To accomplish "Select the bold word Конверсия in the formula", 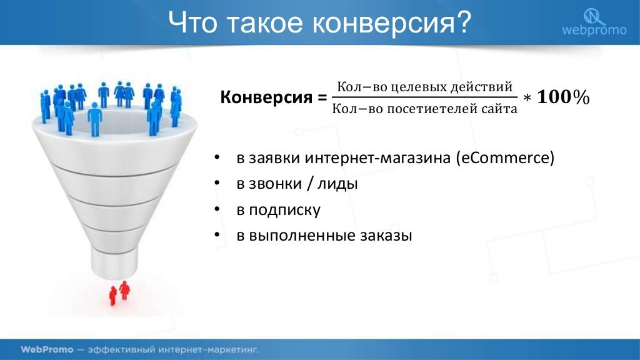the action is click(x=266, y=97).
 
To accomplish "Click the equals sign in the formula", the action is click(x=322, y=98).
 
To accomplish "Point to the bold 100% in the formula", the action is click(x=563, y=97).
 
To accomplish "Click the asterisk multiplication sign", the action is click(x=527, y=99).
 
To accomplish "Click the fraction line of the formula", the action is click(x=424, y=97).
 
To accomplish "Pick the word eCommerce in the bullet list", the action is click(x=505, y=157).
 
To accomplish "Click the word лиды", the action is click(x=337, y=184).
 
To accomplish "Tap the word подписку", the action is click(x=285, y=210).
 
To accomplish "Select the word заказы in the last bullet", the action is click(x=386, y=236).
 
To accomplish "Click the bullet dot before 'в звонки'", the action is click(x=217, y=183).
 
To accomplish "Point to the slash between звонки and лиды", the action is click(x=310, y=184).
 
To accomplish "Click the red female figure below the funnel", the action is click(x=124, y=290).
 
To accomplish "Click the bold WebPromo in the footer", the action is click(x=47, y=350).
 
